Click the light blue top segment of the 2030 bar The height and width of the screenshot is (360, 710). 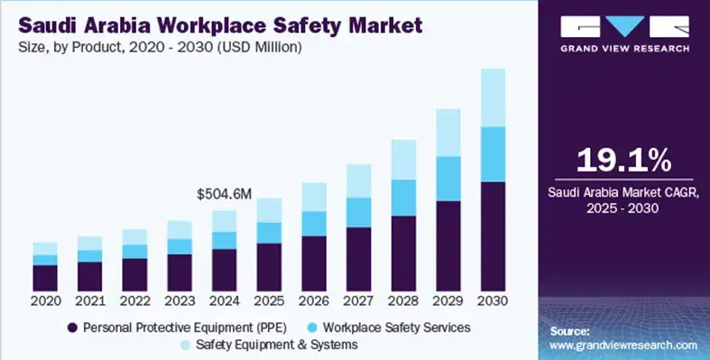click(493, 97)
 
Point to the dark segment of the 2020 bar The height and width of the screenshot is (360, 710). click(45, 277)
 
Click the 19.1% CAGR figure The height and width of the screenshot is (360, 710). click(624, 161)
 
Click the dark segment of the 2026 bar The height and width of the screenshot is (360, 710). click(313, 263)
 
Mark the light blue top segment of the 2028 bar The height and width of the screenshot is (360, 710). click(403, 160)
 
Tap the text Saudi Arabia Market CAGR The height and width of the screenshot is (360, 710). click(624, 193)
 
